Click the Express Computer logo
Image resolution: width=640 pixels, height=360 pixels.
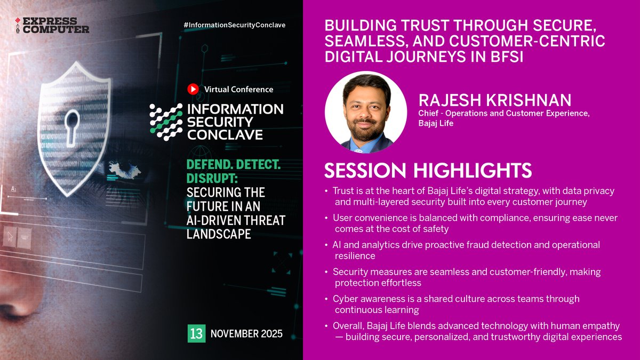pyautogui.click(x=52, y=25)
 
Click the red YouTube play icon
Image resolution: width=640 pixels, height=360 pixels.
pyautogui.click(x=193, y=89)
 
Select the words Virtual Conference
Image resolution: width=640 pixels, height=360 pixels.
pyautogui.click(x=238, y=90)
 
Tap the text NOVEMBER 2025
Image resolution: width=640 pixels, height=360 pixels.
pyautogui.click(x=246, y=334)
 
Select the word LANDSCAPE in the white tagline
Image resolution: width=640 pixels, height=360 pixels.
pyautogui.click(x=219, y=234)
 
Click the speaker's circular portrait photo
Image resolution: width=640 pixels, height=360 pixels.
pyautogui.click(x=366, y=113)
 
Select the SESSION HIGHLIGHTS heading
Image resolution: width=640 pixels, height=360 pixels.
pyautogui.click(x=428, y=170)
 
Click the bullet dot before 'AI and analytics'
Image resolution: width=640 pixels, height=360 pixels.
pyautogui.click(x=326, y=245)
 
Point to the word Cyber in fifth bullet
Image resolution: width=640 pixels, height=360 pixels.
pyautogui.click(x=344, y=299)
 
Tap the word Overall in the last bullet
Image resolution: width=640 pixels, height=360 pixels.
pyautogui.click(x=348, y=326)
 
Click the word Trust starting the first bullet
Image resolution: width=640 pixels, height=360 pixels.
pyautogui.click(x=343, y=190)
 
